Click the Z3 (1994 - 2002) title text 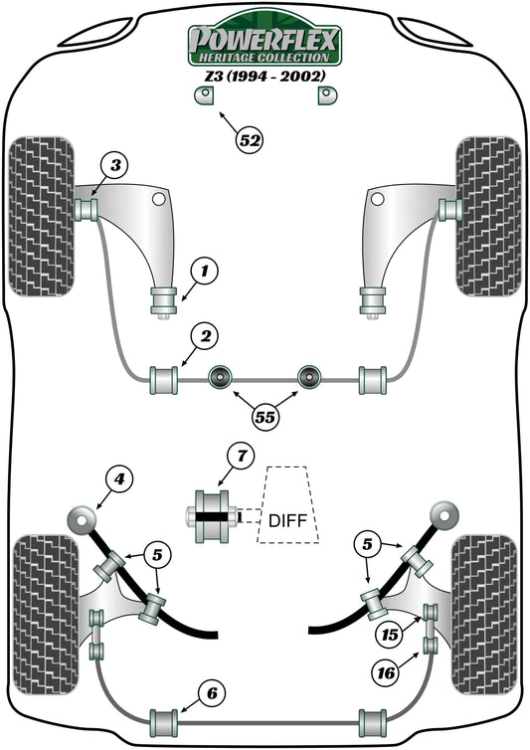[265, 75]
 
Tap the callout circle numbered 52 [250, 141]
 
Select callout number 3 [115, 165]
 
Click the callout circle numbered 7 [240, 459]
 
